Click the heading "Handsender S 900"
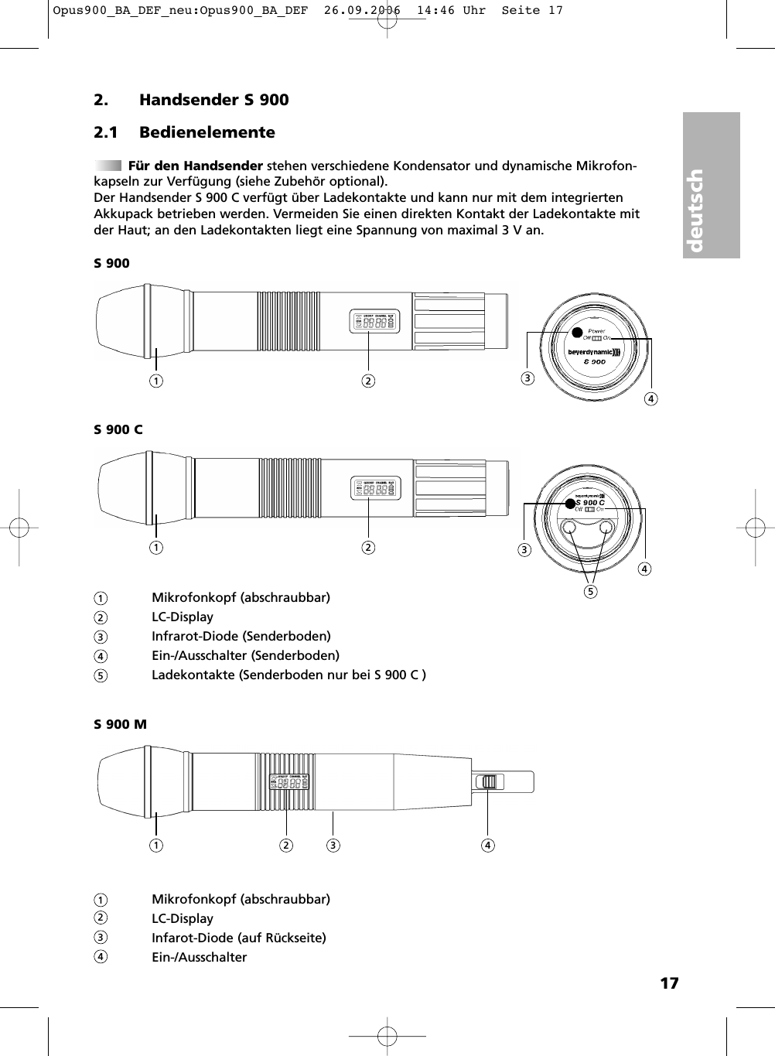pos(213,100)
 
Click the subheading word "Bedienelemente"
pos(207,132)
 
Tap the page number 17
pos(669,983)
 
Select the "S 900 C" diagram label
pos(118,429)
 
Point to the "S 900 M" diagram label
pos(120,725)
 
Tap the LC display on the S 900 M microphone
pos(289,782)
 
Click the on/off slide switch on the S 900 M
pos(487,782)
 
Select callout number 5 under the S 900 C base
pos(591,593)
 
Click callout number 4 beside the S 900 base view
pos(652,399)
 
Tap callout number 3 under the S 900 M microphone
pos(333,845)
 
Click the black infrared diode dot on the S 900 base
pos(576,333)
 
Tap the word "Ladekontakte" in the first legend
pos(193,675)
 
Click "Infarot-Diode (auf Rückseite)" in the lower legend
pos(238,938)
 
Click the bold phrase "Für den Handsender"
pos(195,166)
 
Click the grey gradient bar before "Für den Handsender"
pos(108,166)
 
